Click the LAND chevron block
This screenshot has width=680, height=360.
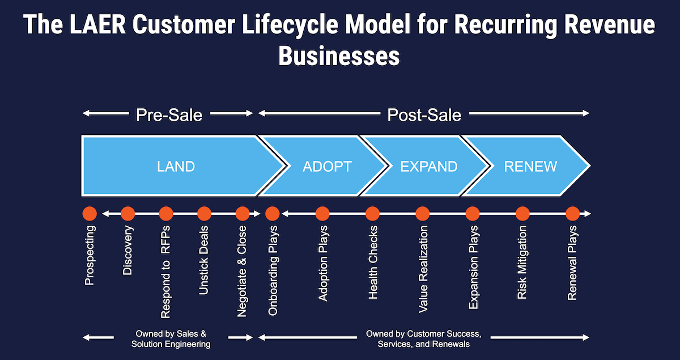tap(176, 167)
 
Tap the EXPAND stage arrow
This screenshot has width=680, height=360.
tap(428, 167)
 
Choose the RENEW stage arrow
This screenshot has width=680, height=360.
tap(531, 167)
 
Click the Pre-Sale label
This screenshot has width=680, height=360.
tap(169, 115)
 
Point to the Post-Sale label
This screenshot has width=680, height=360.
tap(424, 115)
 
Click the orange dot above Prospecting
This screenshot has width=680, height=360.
tap(89, 214)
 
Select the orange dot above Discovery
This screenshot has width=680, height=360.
tap(127, 214)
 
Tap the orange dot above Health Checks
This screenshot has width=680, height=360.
tap(372, 214)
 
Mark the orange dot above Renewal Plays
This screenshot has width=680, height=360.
tap(572, 214)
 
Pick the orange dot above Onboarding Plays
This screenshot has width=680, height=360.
tap(273, 214)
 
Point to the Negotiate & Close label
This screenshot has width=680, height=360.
tap(242, 271)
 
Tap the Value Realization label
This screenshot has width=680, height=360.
tap(423, 269)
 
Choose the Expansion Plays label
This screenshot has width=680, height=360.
tap(473, 267)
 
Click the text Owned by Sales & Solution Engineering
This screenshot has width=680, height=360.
tap(173, 338)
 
